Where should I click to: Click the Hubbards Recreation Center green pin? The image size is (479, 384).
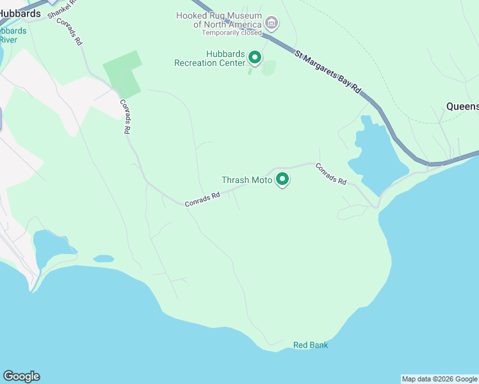coord(254,58)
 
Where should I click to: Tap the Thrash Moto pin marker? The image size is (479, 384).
coord(282,179)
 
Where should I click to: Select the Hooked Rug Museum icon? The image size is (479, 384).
coord(272,24)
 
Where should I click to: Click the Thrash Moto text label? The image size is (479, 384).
coord(247,180)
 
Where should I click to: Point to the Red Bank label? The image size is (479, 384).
coord(311,345)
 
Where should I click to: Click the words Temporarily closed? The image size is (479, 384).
coord(232,33)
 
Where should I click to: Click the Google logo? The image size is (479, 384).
coord(21,376)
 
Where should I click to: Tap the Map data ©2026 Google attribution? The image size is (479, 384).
coord(439,379)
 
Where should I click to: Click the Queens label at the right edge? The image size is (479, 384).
coord(462,106)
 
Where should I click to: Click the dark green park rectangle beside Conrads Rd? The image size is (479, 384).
coord(124,76)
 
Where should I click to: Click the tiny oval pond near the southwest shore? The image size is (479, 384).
coord(102,259)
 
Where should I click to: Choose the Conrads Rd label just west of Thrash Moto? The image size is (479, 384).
coord(202,200)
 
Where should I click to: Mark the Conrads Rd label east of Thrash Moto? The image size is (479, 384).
coord(330,173)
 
